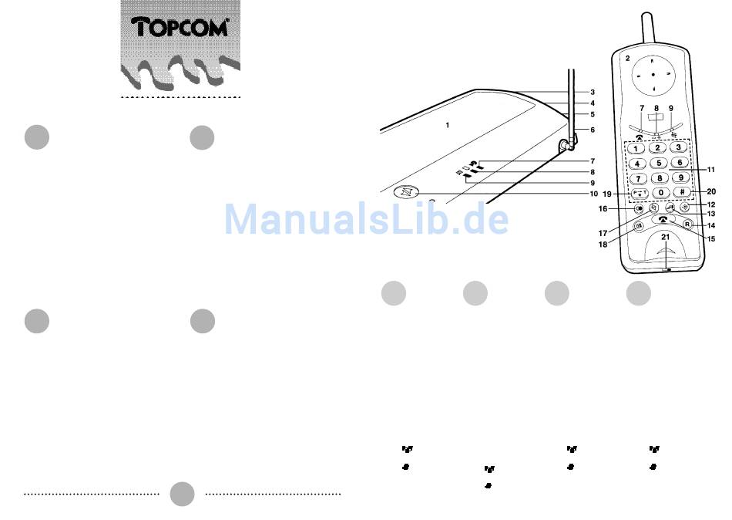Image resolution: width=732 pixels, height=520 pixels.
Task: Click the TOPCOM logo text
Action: click(181, 28)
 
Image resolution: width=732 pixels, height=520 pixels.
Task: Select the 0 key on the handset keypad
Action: click(660, 192)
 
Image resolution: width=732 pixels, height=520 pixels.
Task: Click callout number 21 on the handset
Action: click(665, 258)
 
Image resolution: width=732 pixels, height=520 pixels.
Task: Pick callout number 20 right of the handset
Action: click(710, 191)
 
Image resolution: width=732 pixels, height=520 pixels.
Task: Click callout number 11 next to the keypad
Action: click(711, 169)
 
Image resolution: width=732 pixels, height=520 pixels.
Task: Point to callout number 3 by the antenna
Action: click(593, 92)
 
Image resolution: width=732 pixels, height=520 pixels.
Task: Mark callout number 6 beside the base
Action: click(593, 130)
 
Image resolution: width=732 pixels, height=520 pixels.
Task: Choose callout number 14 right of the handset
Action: click(711, 225)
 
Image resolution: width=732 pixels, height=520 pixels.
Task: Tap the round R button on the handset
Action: click(688, 225)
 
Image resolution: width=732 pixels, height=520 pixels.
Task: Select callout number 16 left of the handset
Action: click(604, 208)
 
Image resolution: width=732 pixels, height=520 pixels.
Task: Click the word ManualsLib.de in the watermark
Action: click(366, 220)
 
